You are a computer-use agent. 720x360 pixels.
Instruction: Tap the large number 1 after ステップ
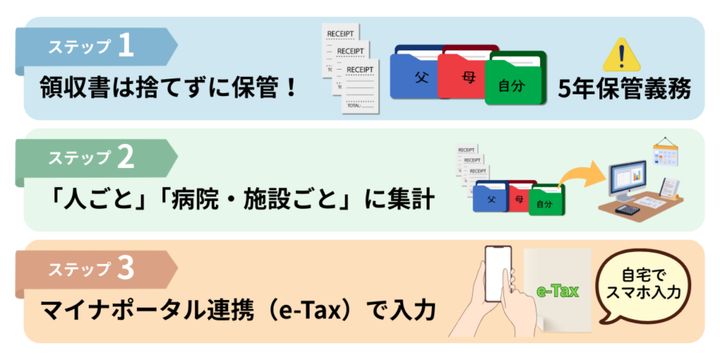tap(125, 46)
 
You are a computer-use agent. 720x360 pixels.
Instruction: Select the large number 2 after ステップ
tap(125, 158)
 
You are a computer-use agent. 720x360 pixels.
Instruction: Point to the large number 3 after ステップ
tap(125, 270)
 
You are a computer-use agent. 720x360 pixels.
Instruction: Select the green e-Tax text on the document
tap(558, 290)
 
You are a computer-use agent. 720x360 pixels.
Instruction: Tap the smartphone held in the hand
tap(498, 274)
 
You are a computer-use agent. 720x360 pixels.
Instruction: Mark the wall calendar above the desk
tap(665, 151)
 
